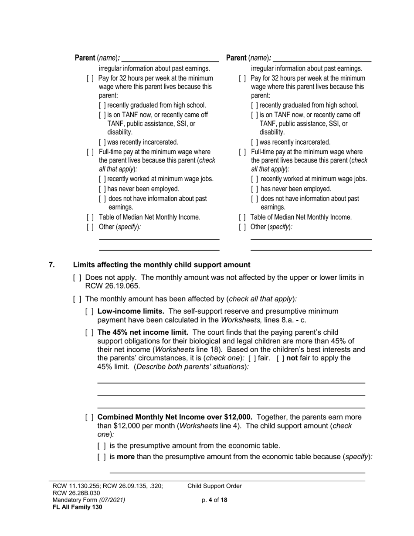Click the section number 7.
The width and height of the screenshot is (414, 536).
tap(51, 265)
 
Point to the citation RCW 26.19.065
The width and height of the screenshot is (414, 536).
tap(112, 286)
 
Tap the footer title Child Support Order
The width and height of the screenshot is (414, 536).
tap(214, 486)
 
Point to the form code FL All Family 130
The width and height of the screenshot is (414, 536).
tap(77, 507)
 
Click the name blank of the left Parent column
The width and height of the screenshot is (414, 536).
tap(170, 58)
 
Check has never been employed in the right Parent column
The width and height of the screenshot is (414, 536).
tap(255, 189)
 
